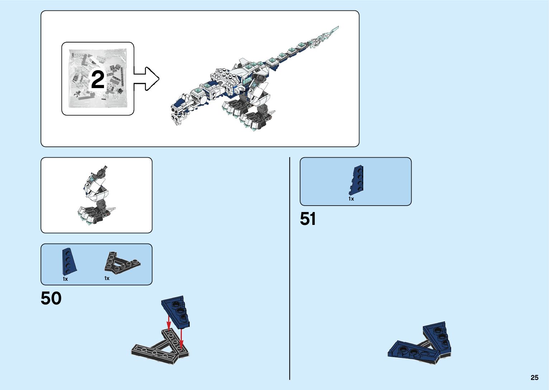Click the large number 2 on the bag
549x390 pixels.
(x=98, y=80)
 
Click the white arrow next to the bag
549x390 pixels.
(x=147, y=79)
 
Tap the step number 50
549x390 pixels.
(x=51, y=298)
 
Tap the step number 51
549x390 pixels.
(x=308, y=219)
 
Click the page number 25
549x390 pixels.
(x=534, y=377)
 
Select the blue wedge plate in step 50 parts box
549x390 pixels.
(x=68, y=262)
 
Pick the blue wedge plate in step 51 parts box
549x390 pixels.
(x=357, y=180)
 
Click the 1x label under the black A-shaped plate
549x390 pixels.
(x=107, y=278)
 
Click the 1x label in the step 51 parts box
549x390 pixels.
(x=351, y=199)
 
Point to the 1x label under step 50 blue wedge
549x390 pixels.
(x=65, y=279)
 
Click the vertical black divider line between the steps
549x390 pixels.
(x=290, y=269)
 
